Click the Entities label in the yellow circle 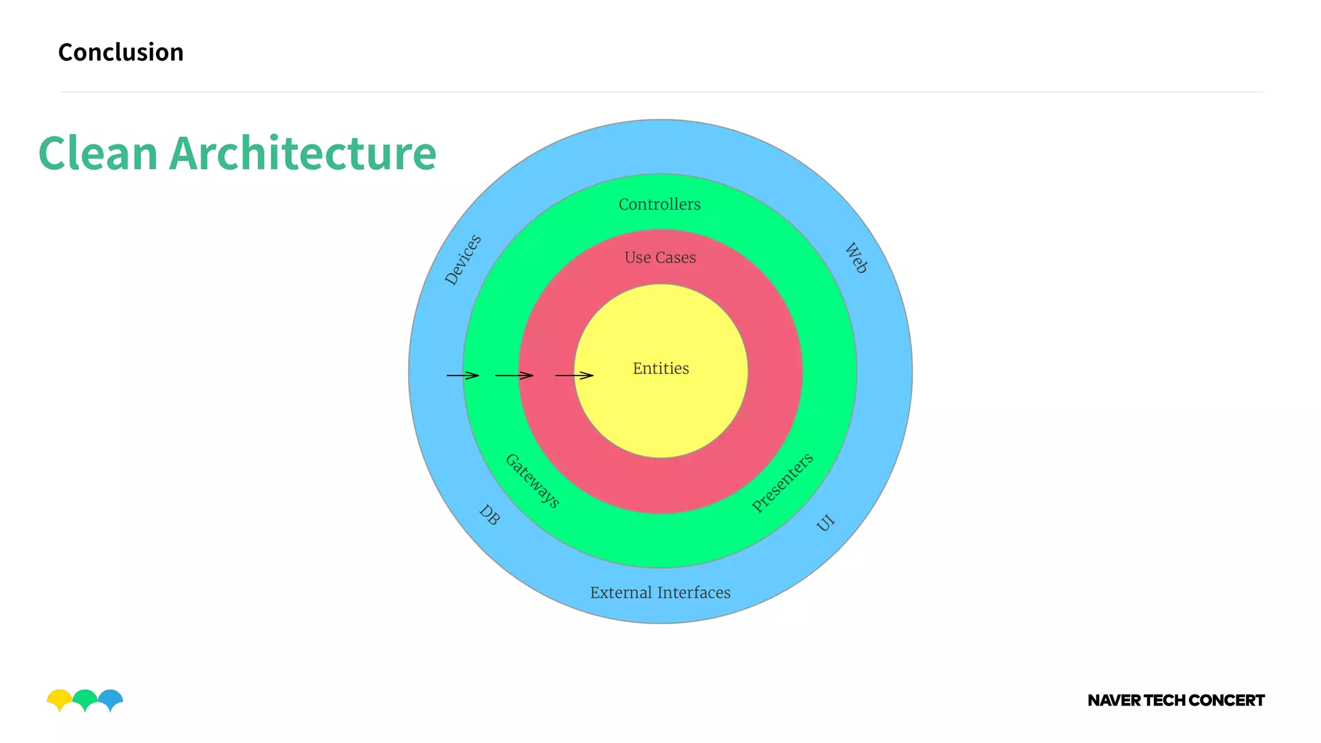[x=660, y=368]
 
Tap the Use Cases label [x=660, y=257]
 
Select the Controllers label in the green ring [x=659, y=204]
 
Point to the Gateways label [x=532, y=481]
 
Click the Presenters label [x=782, y=483]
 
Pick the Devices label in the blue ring [x=463, y=259]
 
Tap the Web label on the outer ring [x=857, y=258]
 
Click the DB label [x=490, y=515]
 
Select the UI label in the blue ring [x=826, y=522]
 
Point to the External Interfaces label [x=660, y=593]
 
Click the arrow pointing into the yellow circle [x=574, y=375]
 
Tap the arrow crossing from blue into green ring [x=462, y=375]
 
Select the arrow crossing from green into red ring [x=514, y=375]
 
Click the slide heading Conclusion [x=121, y=52]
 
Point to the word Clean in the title [x=98, y=154]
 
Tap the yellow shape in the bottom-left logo [x=59, y=698]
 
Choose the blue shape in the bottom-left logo [x=112, y=698]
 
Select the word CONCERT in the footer [x=1226, y=700]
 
